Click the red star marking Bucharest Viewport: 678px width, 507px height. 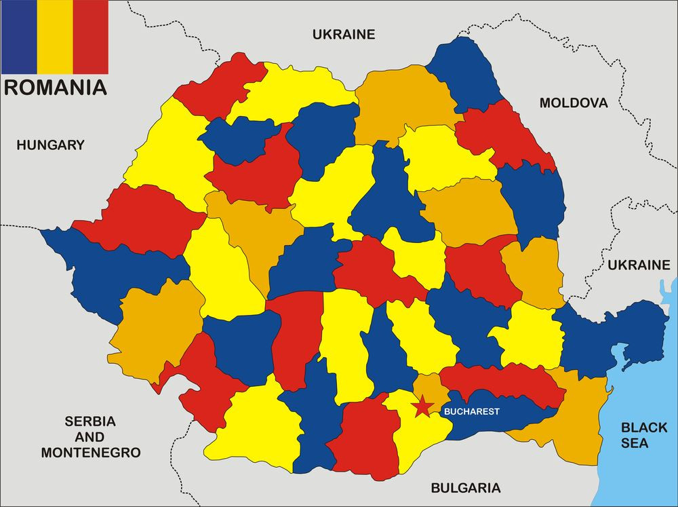pyautogui.click(x=422, y=407)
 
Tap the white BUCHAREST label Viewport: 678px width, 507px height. pyautogui.click(x=471, y=411)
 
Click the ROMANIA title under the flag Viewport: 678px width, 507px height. pyautogui.click(x=55, y=87)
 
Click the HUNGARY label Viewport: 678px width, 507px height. pyautogui.click(x=51, y=145)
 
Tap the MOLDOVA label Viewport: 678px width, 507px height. pyautogui.click(x=574, y=103)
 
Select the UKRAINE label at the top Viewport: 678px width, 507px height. pyautogui.click(x=343, y=34)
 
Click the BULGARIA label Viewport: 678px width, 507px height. pyautogui.click(x=466, y=487)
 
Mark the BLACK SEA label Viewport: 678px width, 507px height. pyautogui.click(x=644, y=435)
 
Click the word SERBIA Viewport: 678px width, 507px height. pyautogui.click(x=90, y=421)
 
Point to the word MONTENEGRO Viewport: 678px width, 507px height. pyautogui.click(x=90, y=452)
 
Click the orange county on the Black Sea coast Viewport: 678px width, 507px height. pyautogui.click(x=576, y=421)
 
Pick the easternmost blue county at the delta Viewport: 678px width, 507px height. pyautogui.click(x=610, y=333)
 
